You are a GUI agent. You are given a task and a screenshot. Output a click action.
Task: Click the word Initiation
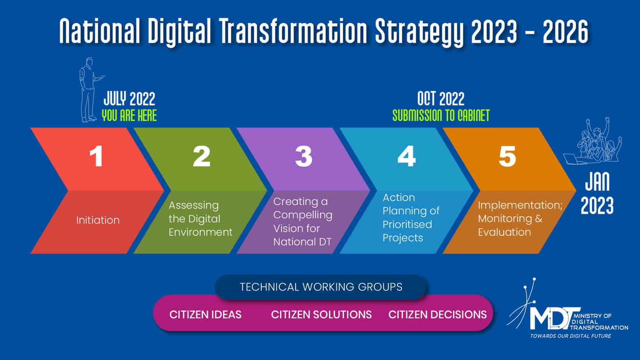tap(98, 220)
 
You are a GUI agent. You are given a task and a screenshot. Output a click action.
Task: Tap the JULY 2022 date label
tap(129, 99)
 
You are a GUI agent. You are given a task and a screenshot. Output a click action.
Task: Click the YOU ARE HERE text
tap(129, 115)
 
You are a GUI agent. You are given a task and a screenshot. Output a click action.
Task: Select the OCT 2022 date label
tap(441, 99)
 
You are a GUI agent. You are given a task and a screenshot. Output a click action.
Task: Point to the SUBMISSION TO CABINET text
tap(441, 115)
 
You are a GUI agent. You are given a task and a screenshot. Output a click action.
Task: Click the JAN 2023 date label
tap(597, 193)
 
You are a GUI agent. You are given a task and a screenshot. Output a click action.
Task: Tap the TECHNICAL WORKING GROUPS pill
tap(321, 287)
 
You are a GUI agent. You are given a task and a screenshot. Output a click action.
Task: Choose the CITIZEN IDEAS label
tap(205, 314)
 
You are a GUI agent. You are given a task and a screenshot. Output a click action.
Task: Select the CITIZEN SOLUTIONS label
tap(321, 314)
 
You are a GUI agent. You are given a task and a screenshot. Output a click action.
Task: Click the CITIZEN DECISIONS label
tap(437, 314)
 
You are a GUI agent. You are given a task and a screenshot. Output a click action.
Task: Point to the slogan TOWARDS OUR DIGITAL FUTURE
tap(571, 336)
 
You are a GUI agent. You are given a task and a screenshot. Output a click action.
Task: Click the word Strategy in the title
tap(419, 32)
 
